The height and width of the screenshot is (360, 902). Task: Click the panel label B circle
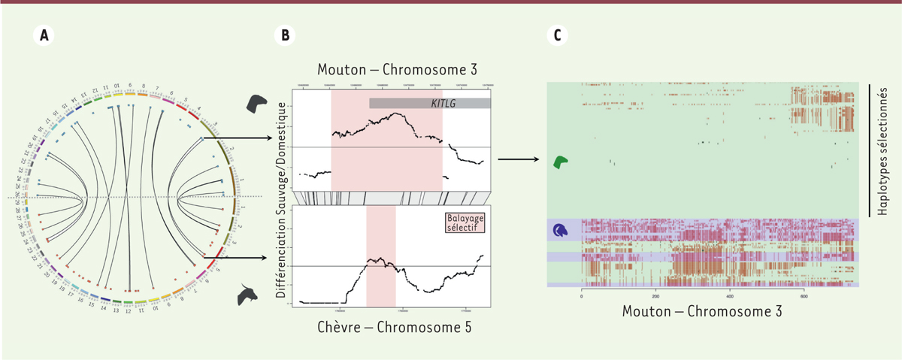286,35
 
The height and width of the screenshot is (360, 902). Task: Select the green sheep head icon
561,162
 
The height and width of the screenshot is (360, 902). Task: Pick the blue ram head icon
560,230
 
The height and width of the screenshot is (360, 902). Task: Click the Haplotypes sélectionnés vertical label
885,150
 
